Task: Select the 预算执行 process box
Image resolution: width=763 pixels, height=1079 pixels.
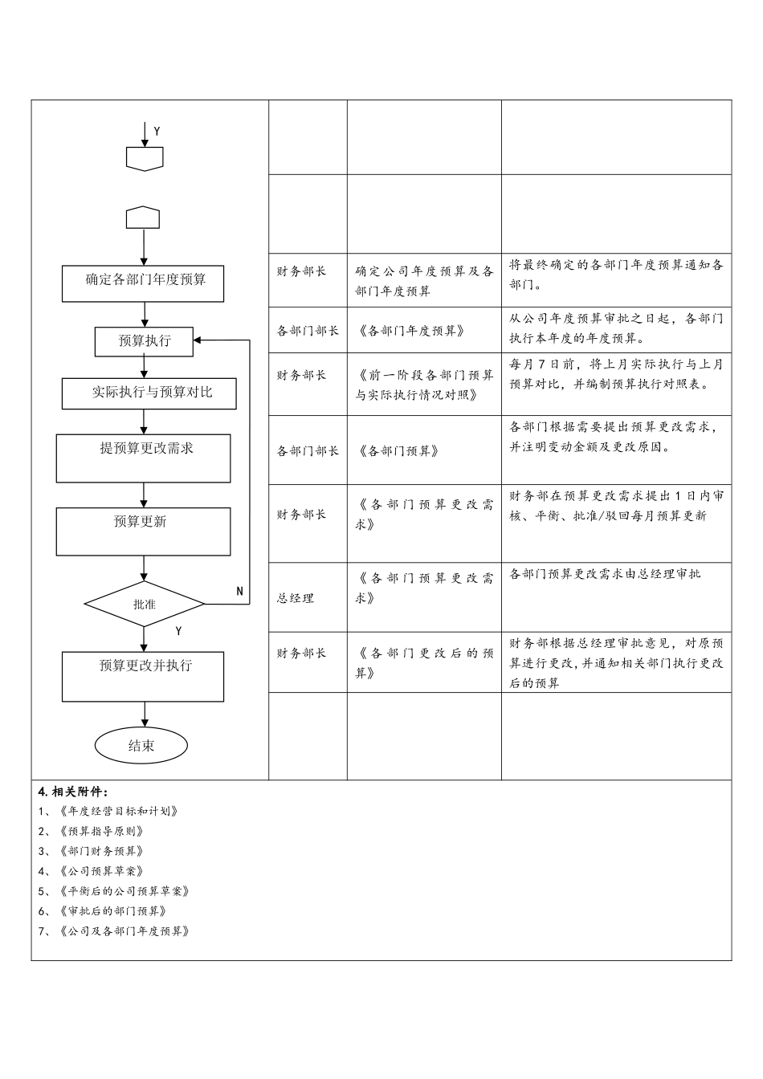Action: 145,341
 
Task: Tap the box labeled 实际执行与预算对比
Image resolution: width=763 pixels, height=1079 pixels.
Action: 149,393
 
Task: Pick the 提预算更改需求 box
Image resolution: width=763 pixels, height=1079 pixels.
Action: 143,458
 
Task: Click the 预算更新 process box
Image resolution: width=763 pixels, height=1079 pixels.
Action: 143,531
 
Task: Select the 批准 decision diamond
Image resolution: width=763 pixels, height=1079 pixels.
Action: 145,605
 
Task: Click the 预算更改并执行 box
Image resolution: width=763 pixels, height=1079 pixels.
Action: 143,676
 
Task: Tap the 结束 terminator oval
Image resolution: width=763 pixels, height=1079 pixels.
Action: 141,746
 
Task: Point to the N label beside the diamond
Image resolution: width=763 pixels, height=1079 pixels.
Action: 239,591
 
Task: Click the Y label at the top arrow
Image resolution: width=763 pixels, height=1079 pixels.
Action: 157,131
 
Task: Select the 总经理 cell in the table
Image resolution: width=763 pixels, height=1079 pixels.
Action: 296,599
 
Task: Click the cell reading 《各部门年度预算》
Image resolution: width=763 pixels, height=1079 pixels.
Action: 410,331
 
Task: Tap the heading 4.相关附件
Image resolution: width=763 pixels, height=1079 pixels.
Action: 73,792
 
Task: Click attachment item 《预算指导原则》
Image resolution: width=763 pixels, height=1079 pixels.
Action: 101,831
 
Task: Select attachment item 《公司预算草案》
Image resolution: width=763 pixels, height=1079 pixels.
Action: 101,871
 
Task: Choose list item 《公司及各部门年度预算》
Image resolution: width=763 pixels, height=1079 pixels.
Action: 124,931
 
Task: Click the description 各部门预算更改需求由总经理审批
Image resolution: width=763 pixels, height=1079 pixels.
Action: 605,574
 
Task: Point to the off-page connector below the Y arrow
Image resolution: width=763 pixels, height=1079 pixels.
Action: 145,159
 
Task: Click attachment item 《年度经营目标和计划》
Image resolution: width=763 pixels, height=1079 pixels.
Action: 118,811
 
